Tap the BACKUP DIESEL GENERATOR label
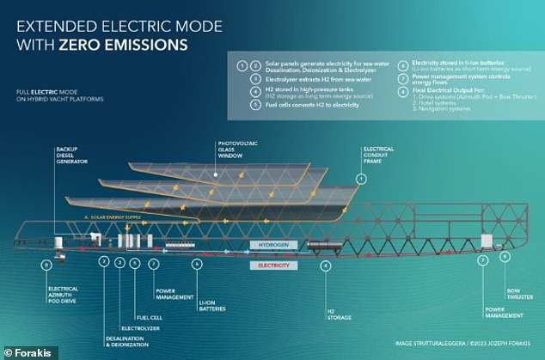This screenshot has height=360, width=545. point(70,156)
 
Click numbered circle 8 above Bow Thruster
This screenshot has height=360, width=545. point(505,256)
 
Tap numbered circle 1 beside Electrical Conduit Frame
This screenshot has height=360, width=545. point(362,179)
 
